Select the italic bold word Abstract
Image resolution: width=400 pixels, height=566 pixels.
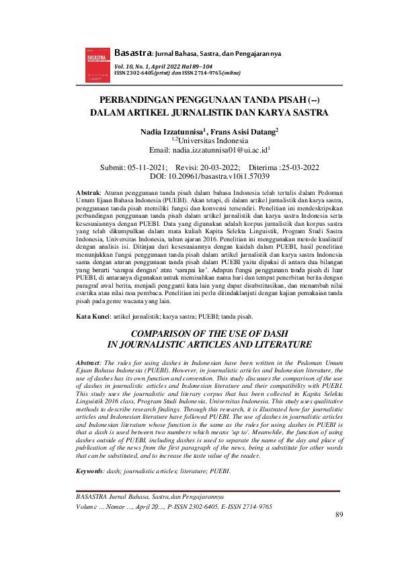pos(91,363)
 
